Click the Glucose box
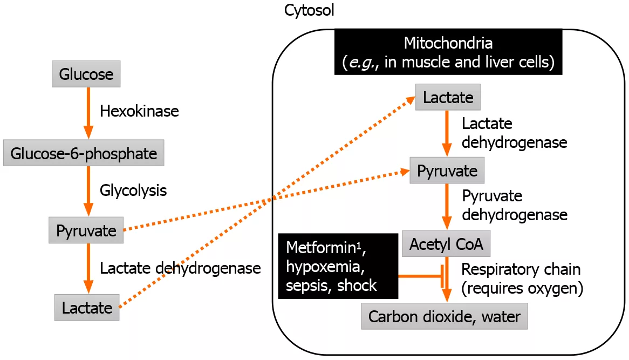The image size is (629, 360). click(86, 74)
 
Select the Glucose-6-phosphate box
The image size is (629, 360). click(83, 153)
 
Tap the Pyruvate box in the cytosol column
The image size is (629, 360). click(86, 231)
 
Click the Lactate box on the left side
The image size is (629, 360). click(86, 308)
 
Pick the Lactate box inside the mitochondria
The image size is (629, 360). click(448, 98)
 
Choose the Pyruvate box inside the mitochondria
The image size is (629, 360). click(447, 171)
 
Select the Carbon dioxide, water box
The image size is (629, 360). click(444, 316)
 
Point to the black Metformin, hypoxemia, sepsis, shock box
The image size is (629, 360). click(338, 266)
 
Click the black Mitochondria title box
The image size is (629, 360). click(449, 52)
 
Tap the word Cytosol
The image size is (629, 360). click(309, 10)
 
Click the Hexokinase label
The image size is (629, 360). click(139, 112)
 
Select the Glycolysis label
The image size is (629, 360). click(133, 190)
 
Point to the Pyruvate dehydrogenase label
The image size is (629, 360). click(514, 205)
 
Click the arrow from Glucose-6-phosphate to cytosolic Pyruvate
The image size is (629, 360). click(86, 191)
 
